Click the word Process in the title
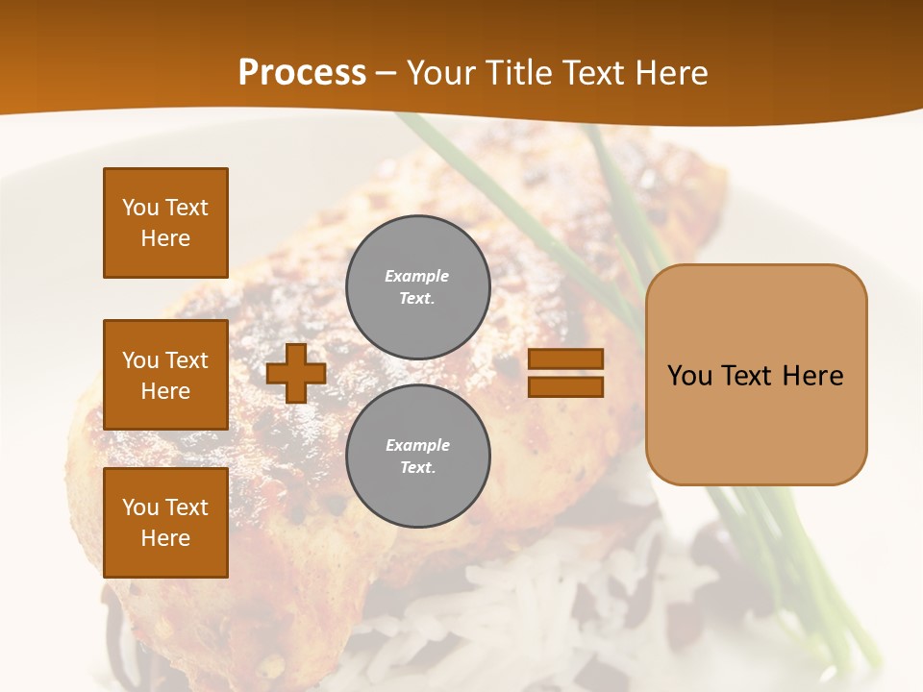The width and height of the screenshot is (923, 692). pyautogui.click(x=302, y=73)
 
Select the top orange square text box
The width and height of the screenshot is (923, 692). pyautogui.click(x=165, y=223)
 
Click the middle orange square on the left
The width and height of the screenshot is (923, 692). pyautogui.click(x=165, y=375)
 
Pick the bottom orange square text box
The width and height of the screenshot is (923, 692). pyautogui.click(x=165, y=523)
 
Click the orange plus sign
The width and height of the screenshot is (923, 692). pyautogui.click(x=296, y=374)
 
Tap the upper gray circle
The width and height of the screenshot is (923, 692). pyautogui.click(x=417, y=286)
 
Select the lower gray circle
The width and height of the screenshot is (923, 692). pyautogui.click(x=417, y=456)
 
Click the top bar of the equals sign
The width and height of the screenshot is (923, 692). pyautogui.click(x=565, y=358)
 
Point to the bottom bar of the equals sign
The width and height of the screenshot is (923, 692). pyautogui.click(x=565, y=387)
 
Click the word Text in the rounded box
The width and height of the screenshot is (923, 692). pyautogui.click(x=750, y=376)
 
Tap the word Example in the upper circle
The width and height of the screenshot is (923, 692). pyautogui.click(x=417, y=276)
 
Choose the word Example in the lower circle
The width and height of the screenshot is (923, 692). pyautogui.click(x=417, y=445)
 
